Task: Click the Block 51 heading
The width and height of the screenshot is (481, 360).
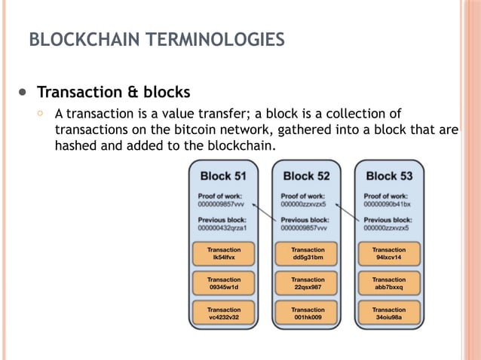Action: pyautogui.click(x=223, y=176)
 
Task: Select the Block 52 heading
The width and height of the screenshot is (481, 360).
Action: pyautogui.click(x=306, y=176)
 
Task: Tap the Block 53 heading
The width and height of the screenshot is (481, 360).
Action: pyautogui.click(x=389, y=176)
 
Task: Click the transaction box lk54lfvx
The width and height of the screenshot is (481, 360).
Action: pyautogui.click(x=224, y=254)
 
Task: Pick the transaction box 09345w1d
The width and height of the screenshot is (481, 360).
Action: pyautogui.click(x=224, y=283)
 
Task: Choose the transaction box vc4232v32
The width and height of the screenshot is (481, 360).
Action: pyautogui.click(x=224, y=313)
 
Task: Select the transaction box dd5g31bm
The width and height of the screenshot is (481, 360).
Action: pyautogui.click(x=308, y=254)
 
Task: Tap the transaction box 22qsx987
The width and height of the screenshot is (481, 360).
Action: pyautogui.click(x=308, y=283)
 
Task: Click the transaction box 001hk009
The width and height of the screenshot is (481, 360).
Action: pyautogui.click(x=308, y=313)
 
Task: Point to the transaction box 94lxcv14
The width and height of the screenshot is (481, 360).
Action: pyautogui.click(x=389, y=254)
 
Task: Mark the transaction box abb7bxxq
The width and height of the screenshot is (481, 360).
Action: pyautogui.click(x=389, y=283)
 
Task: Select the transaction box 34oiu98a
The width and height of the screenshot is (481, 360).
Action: pyautogui.click(x=389, y=313)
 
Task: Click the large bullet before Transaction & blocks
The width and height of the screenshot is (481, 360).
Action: pyautogui.click(x=22, y=93)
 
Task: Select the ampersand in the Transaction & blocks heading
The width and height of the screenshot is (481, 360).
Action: pyautogui.click(x=132, y=93)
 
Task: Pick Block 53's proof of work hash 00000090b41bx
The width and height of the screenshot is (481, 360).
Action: pyautogui.click(x=388, y=203)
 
